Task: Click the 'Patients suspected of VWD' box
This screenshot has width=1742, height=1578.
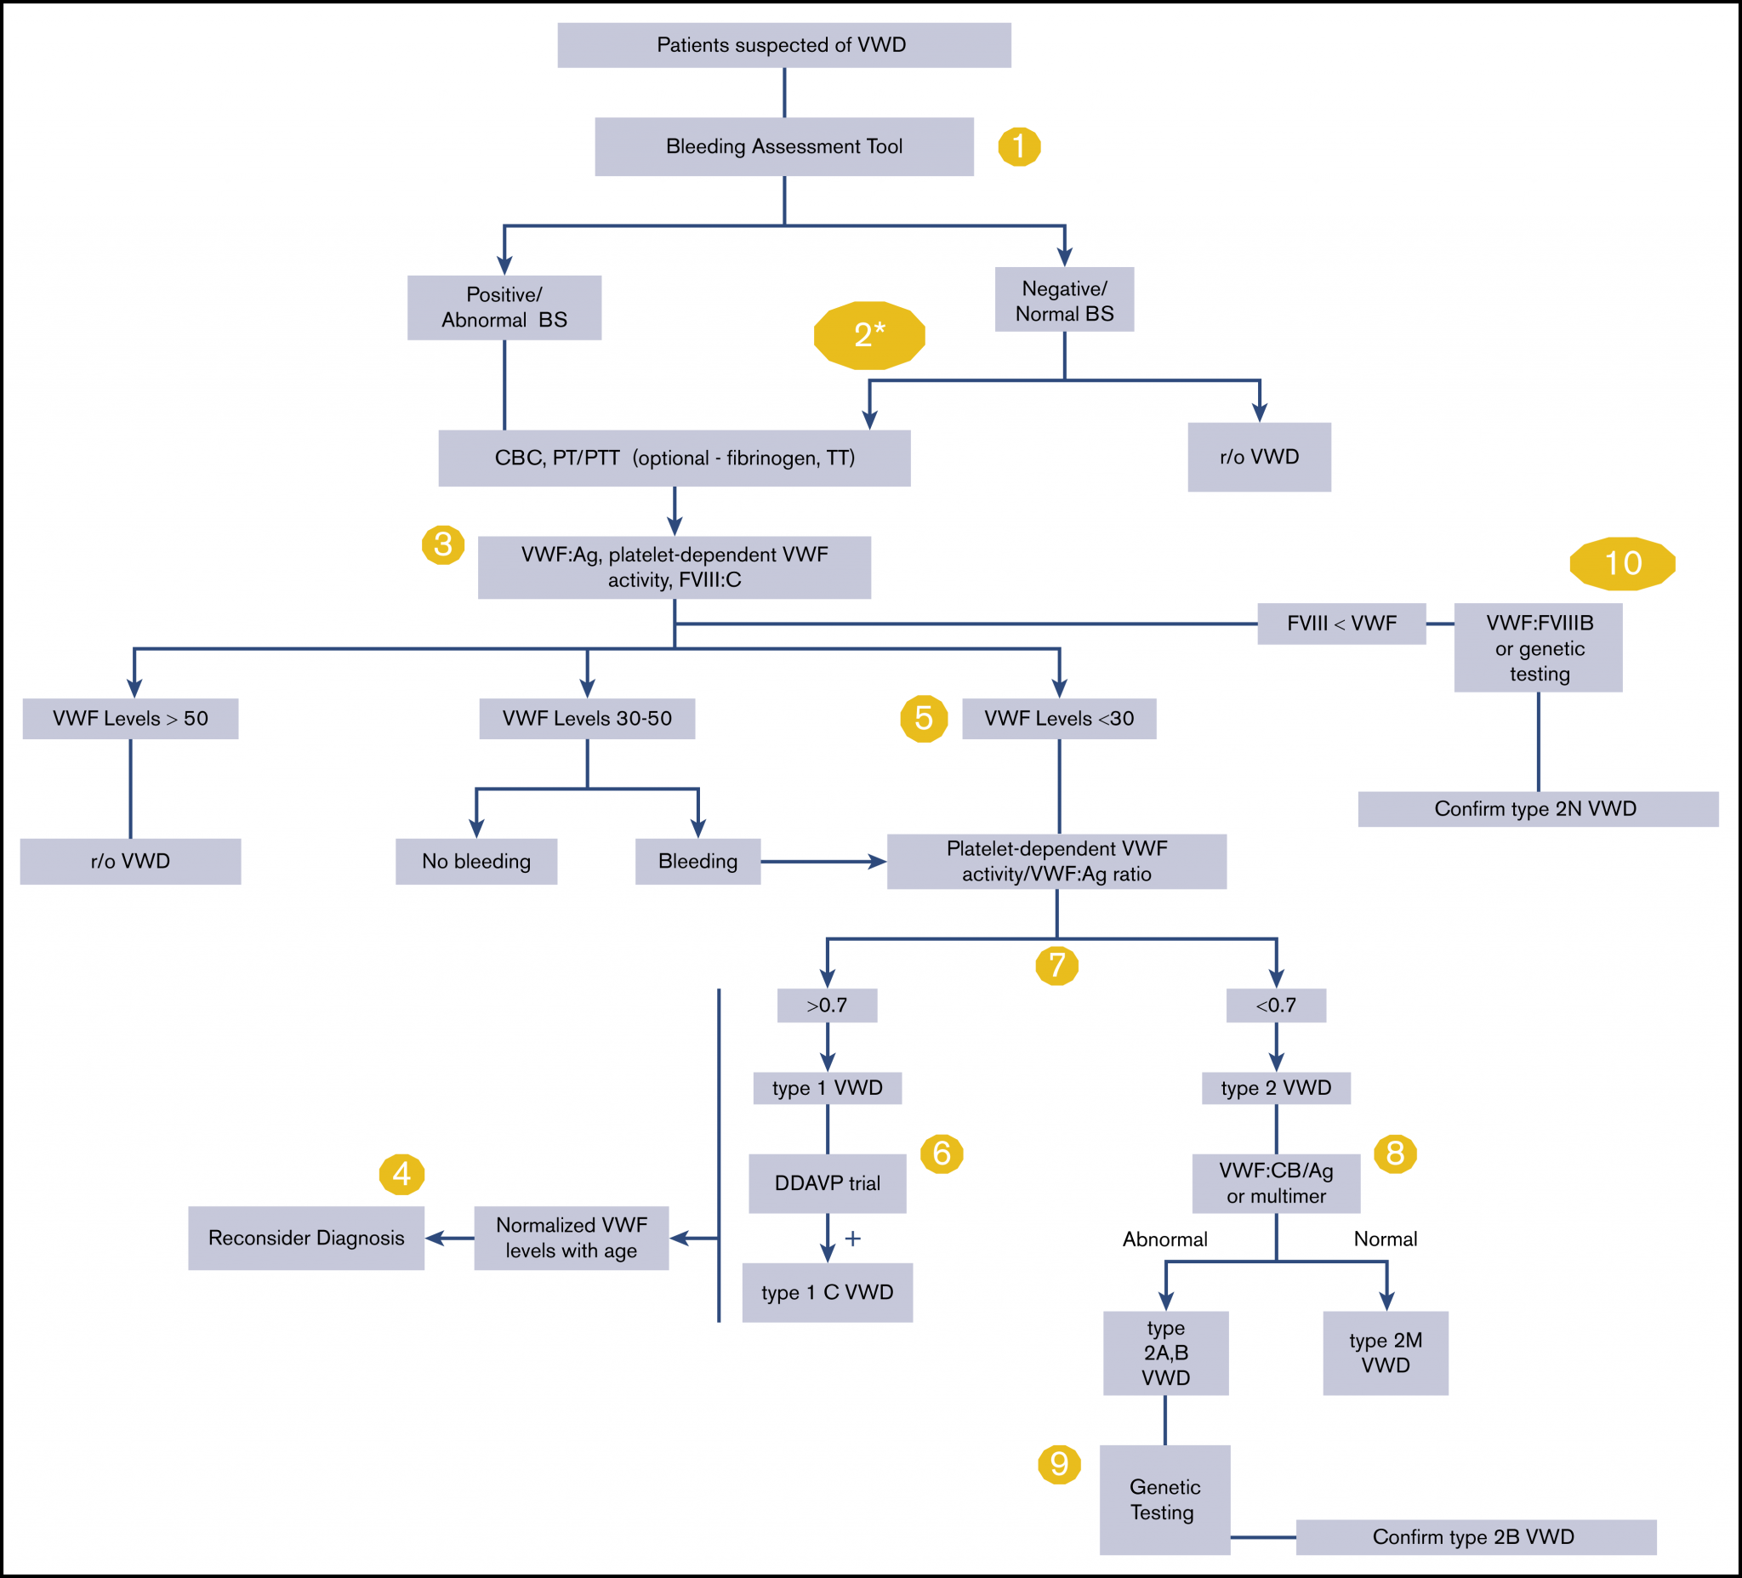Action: point(783,45)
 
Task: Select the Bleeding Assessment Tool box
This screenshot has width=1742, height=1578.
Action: point(783,147)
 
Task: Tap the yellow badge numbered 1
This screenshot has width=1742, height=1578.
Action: point(1019,147)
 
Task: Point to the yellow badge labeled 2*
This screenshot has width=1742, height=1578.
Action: point(869,334)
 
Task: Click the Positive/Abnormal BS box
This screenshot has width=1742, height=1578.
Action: point(504,308)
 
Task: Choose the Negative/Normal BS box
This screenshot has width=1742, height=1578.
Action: point(1064,301)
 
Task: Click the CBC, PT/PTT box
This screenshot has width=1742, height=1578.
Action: point(674,458)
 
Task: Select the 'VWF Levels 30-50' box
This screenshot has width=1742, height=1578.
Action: point(587,718)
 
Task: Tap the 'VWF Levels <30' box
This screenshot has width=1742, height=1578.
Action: point(1058,718)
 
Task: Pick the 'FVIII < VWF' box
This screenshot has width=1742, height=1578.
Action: point(1341,623)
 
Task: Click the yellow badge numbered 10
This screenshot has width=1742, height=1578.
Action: point(1622,563)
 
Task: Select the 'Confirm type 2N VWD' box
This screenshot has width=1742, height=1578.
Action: point(1537,809)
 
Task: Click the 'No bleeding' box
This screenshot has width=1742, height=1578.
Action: point(476,861)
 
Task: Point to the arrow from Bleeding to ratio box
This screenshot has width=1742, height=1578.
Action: point(823,862)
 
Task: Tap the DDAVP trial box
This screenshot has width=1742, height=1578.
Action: point(827,1183)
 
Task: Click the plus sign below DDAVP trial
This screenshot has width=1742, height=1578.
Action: point(853,1239)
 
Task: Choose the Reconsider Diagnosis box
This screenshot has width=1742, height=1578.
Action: point(306,1238)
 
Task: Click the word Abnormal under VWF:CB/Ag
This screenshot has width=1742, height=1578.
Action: point(1164,1239)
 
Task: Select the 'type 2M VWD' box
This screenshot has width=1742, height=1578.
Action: point(1385,1353)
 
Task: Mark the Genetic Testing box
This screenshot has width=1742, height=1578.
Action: point(1164,1500)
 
